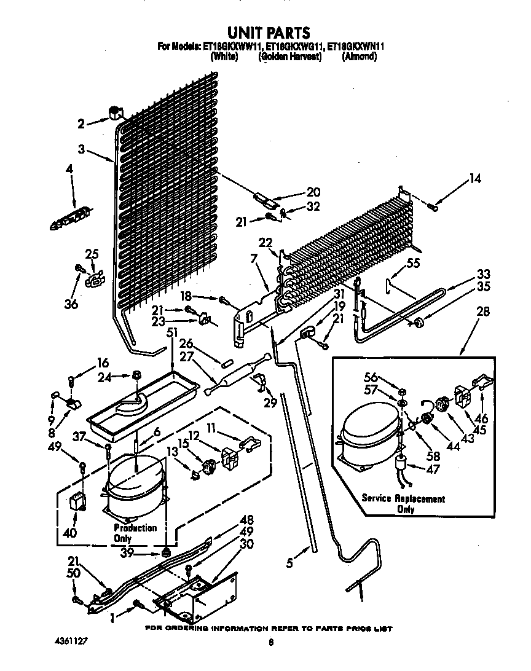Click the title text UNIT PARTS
pos(268,32)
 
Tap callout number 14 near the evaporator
pos(475,179)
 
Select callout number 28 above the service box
pos(483,312)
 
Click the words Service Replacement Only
pos(403,504)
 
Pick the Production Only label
pos(135,533)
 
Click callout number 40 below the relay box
pos(70,533)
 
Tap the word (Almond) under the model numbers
pos(359,57)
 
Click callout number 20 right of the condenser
pos(313,192)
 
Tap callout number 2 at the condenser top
pos(81,124)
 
